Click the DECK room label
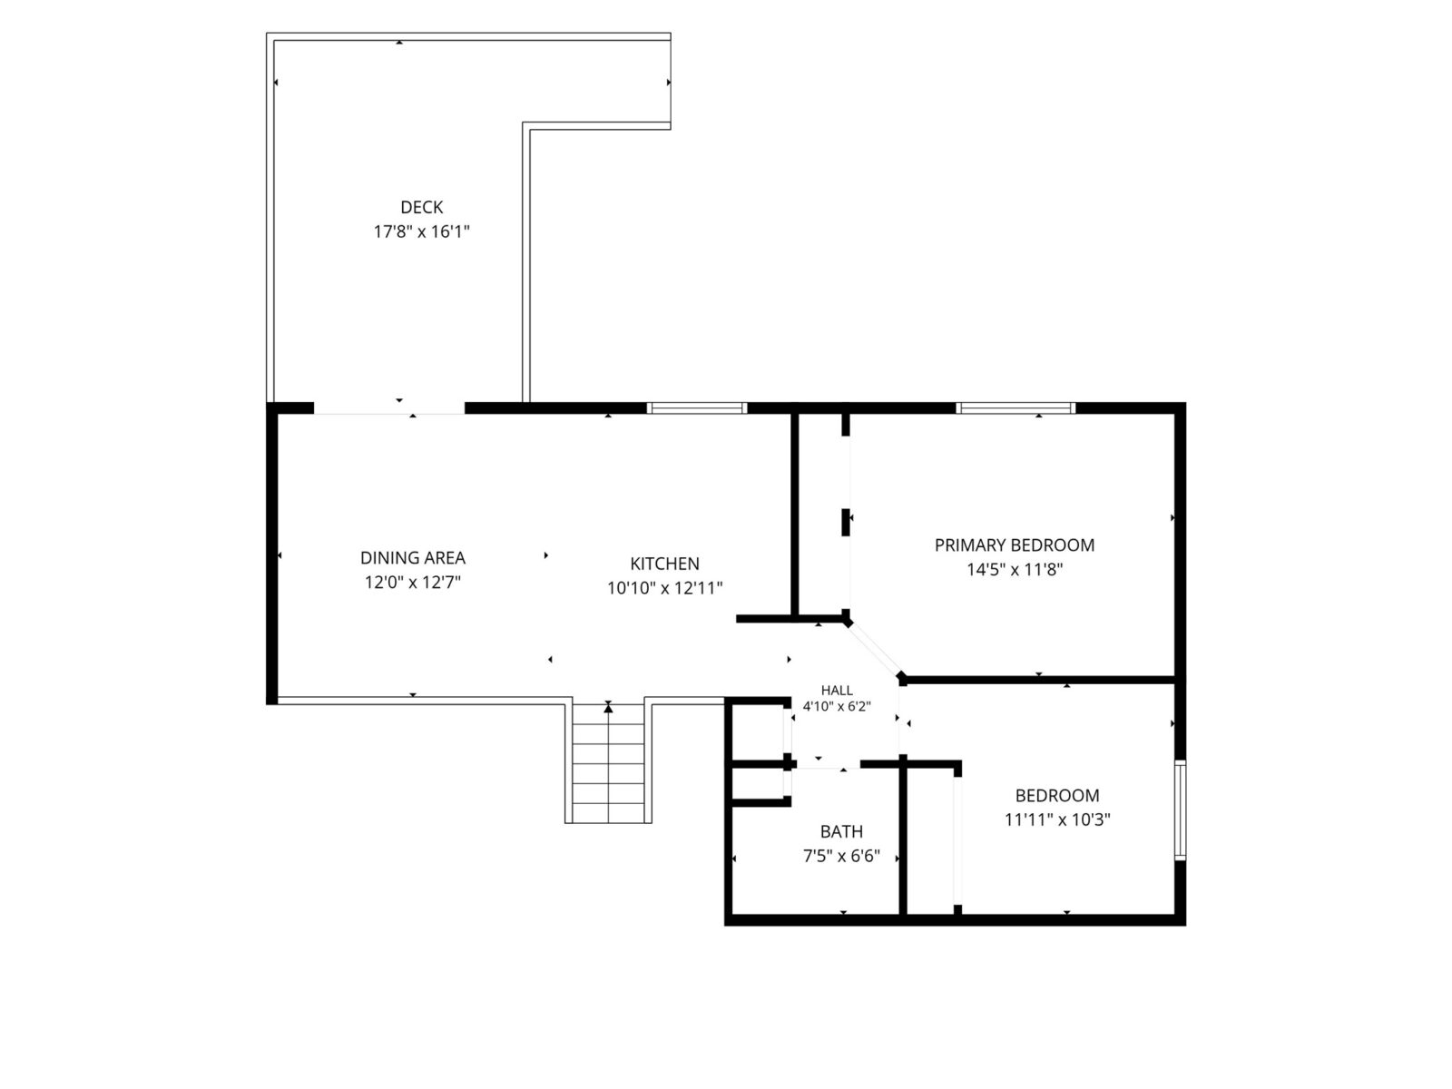coord(421,208)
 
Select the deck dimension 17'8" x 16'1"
coord(421,232)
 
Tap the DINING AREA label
coord(413,558)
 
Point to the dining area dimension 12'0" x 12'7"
coord(413,583)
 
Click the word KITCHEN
coord(665,564)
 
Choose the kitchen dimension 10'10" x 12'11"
coord(665,588)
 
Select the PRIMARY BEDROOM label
coord(1014,545)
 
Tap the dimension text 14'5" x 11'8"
coord(1014,570)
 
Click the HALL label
coord(837,691)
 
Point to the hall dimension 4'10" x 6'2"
coord(837,706)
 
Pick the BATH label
coord(841,832)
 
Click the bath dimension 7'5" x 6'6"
coord(841,857)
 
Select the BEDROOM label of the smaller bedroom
coord(1057,796)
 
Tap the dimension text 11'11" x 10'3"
coord(1057,819)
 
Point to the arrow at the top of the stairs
coord(608,708)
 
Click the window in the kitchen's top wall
coord(697,408)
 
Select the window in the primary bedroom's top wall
coord(1015,408)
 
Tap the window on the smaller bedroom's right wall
coord(1180,810)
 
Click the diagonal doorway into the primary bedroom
coord(875,649)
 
